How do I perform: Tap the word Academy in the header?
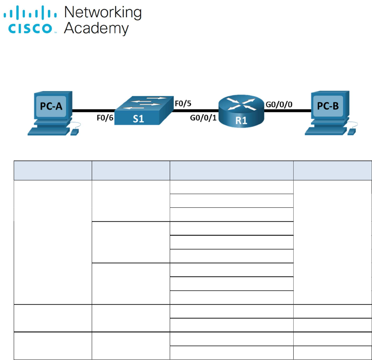(x=96, y=28)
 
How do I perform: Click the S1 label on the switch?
(x=139, y=119)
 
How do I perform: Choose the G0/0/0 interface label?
(x=280, y=104)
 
